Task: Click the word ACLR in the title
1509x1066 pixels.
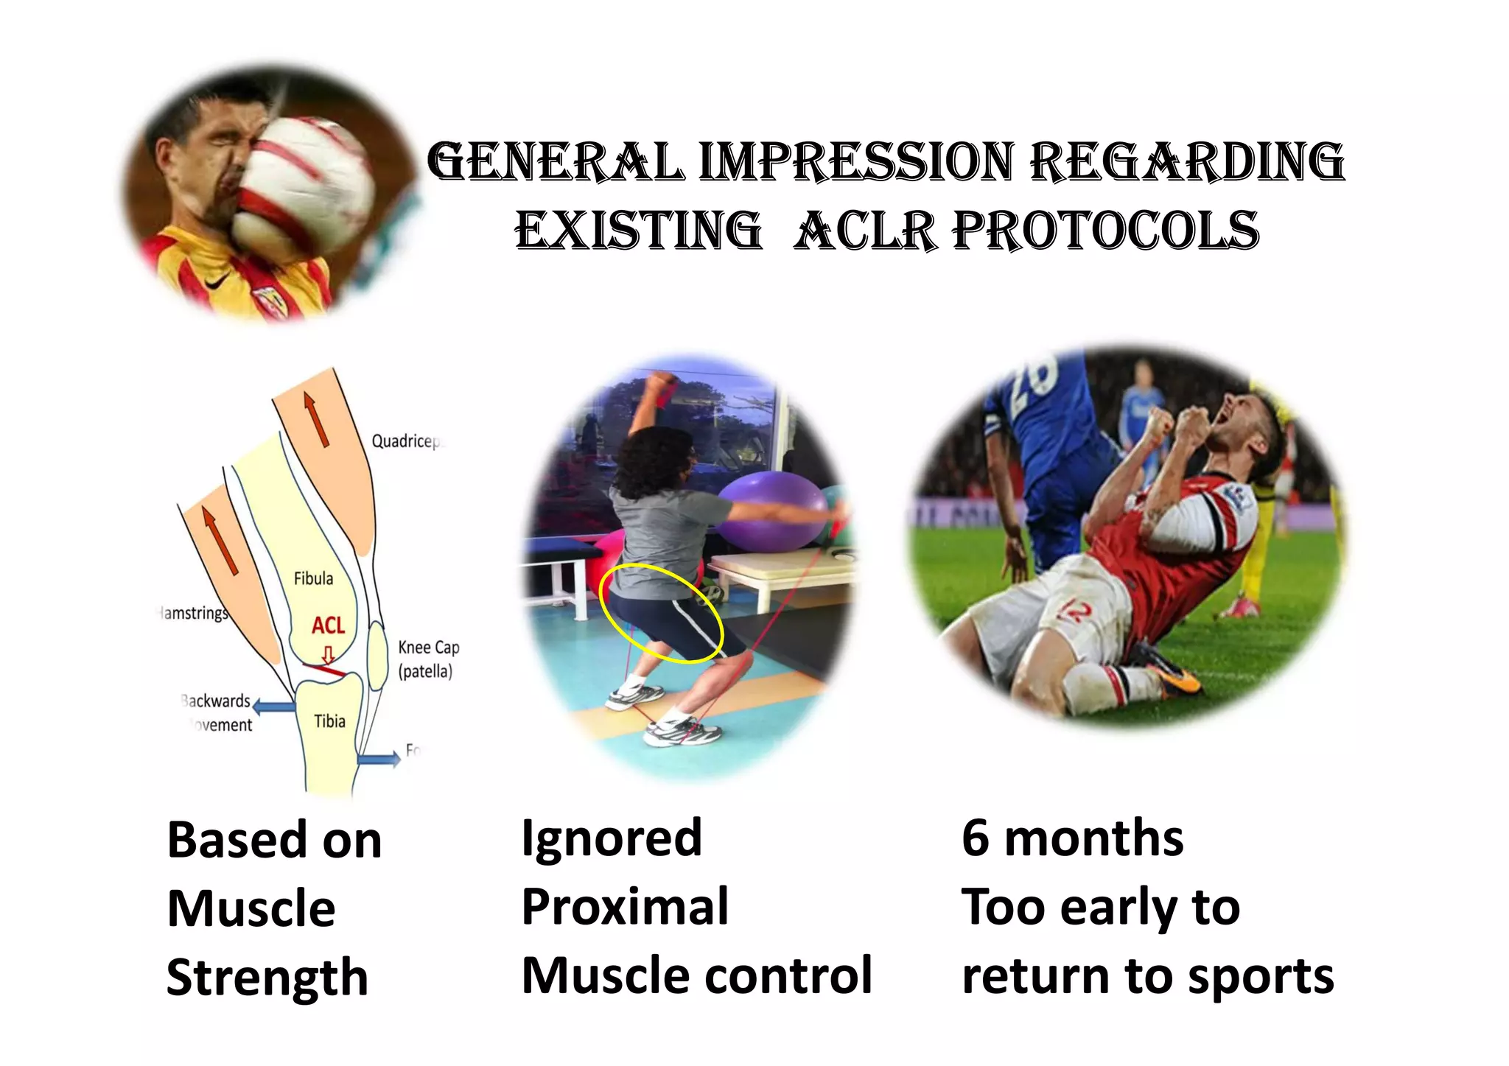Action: (867, 231)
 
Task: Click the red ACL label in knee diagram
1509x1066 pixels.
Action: (328, 625)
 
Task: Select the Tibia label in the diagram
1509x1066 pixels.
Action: (329, 721)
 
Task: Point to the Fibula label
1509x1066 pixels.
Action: (313, 578)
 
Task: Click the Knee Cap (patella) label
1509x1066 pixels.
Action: (428, 659)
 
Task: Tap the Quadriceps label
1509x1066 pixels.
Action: (405, 441)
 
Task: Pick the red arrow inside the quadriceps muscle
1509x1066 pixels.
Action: (315, 420)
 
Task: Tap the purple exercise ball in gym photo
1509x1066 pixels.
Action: (766, 508)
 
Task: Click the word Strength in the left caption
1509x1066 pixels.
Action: (267, 978)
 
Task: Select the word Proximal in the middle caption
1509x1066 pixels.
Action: (625, 907)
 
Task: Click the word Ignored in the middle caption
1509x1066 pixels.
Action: (612, 838)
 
